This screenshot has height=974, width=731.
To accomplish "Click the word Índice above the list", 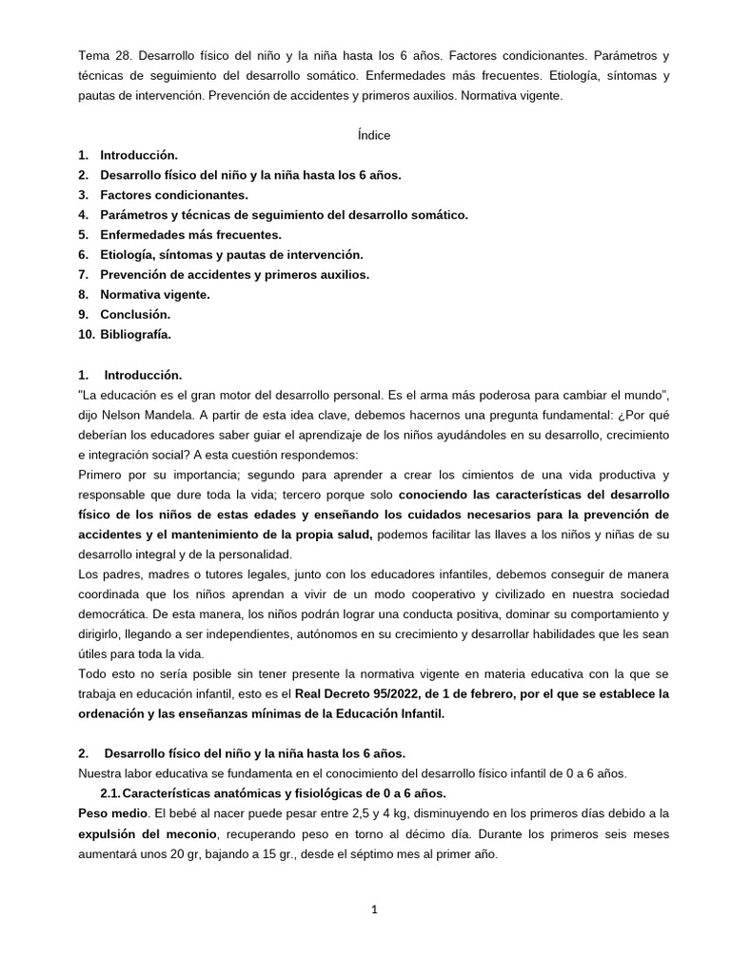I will point(374,135).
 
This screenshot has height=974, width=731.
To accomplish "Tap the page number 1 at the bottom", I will point(374,909).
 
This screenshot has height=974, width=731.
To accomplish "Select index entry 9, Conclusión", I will point(135,314).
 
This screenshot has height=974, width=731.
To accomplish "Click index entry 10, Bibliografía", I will point(135,334).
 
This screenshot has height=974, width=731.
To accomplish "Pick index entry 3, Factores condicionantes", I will point(173,195).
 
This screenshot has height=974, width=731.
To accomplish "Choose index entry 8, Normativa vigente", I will point(155,294).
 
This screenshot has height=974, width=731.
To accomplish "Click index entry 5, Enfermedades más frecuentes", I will point(190,235).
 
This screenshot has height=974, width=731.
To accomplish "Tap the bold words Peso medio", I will point(113,813).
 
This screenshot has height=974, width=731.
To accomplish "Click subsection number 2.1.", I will point(110,793).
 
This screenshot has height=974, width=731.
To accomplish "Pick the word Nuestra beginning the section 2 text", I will point(102,773).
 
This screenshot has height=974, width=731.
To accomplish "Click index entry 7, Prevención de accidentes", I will point(234,274).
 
